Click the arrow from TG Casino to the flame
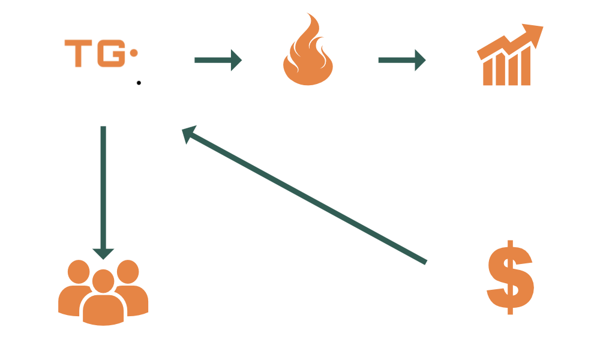tap(218, 59)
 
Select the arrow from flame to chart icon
tap(401, 59)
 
